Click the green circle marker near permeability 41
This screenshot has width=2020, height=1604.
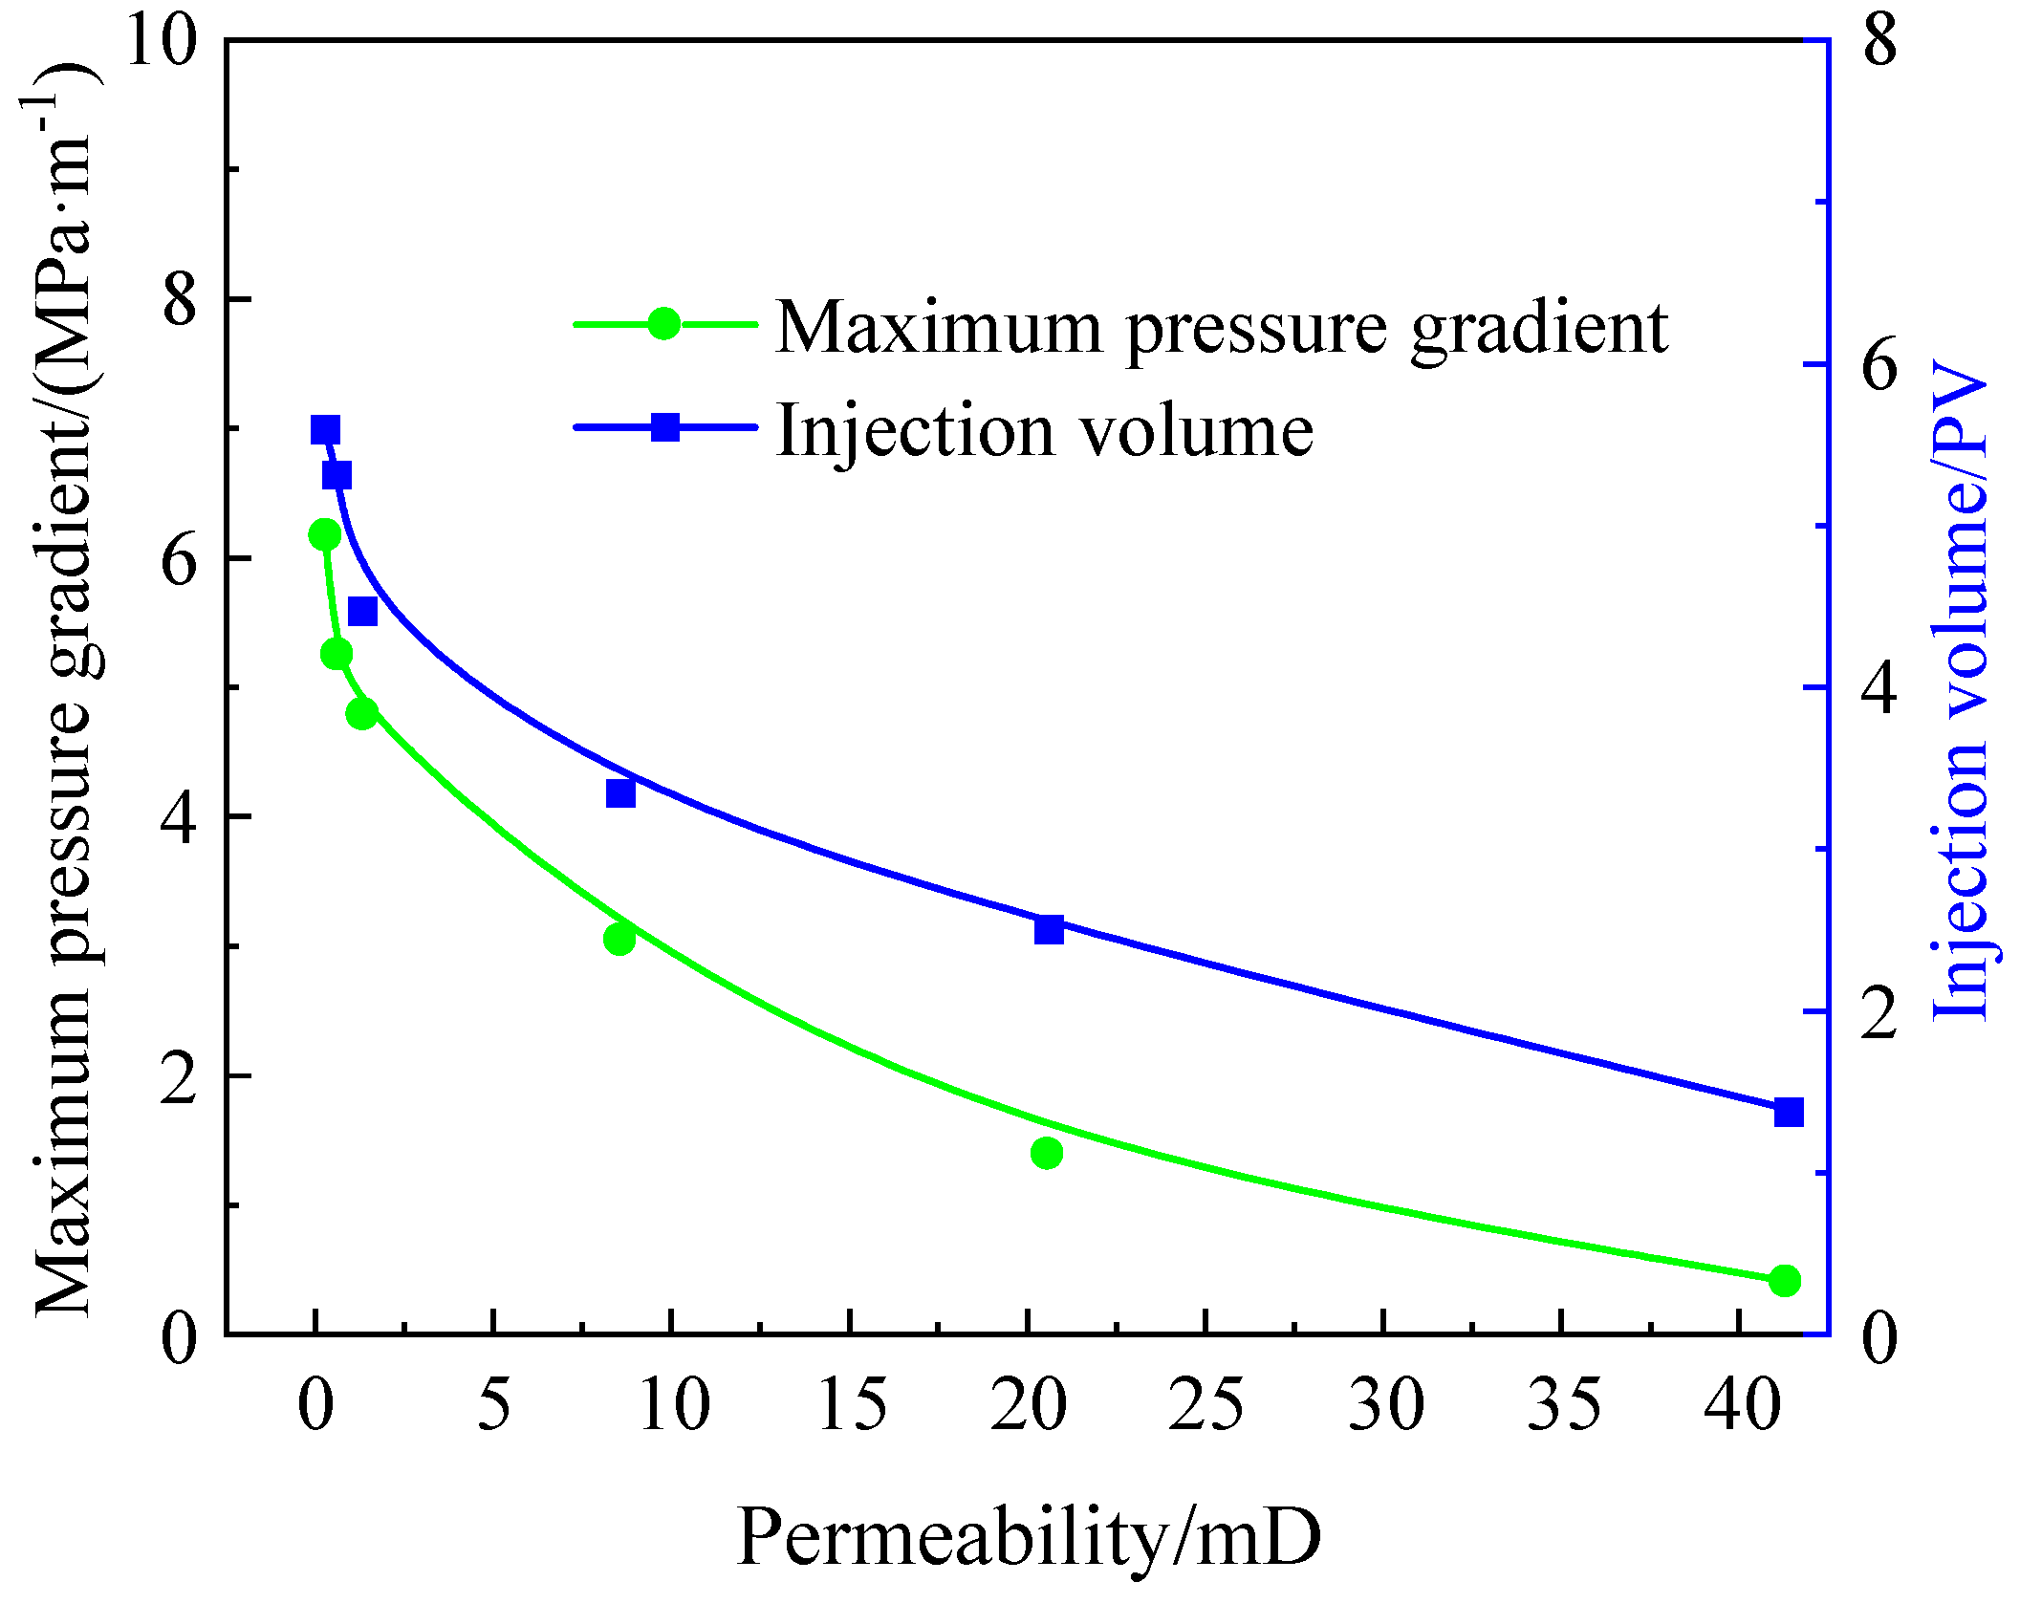coord(1784,1281)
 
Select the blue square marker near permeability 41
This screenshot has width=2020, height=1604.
coord(1788,1113)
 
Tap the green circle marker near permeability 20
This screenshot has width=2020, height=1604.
coord(1047,1154)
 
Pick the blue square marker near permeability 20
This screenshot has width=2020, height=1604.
coord(1049,929)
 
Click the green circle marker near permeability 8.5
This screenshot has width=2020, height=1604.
coord(619,940)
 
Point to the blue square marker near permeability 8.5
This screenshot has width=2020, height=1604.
coord(620,793)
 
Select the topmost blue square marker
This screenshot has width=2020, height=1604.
coord(326,430)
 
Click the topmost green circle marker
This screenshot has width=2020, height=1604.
coord(324,534)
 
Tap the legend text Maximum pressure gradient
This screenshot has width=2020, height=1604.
coord(1221,328)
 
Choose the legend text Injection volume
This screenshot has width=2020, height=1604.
coord(1045,431)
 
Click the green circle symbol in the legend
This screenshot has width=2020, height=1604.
coord(663,324)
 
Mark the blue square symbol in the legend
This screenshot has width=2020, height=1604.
coord(665,426)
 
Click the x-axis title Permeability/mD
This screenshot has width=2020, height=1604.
coord(1030,1537)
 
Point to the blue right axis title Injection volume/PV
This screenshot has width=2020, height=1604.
coord(1960,690)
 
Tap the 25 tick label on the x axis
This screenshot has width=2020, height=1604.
coord(1205,1406)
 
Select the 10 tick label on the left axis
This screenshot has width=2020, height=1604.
coord(161,42)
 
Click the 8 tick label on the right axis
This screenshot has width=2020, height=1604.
coord(1879,42)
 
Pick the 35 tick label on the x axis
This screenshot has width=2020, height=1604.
coord(1563,1406)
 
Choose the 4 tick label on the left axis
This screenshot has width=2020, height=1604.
coord(179,818)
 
